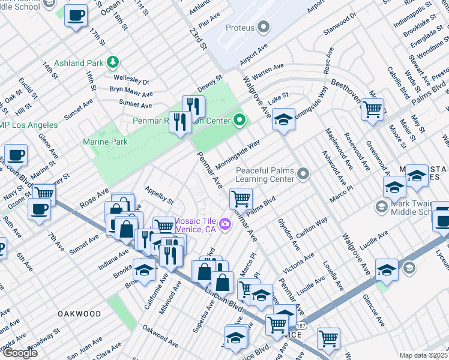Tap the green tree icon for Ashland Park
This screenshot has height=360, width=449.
(x=112, y=62)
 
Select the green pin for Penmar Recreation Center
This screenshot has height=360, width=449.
(x=240, y=121)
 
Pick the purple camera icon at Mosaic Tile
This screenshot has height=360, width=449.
(x=224, y=224)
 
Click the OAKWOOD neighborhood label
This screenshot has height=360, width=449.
(x=79, y=314)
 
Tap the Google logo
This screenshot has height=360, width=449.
(x=19, y=352)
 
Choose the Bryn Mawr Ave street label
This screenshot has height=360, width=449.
(x=131, y=92)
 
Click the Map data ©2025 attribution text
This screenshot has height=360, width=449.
(x=423, y=355)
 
